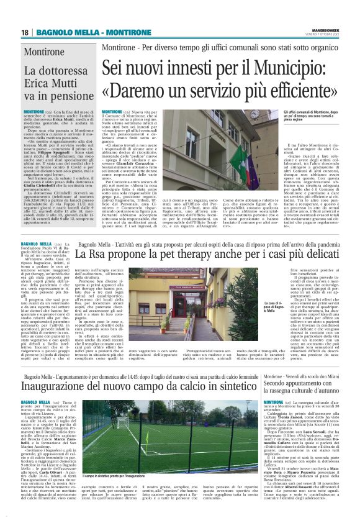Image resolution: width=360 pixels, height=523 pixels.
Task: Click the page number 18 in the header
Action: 24,32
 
